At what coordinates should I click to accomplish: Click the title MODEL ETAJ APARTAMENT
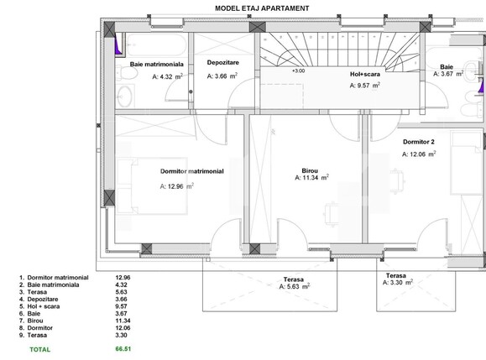[x=251, y=8]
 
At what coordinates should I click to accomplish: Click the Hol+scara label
[x=366, y=74]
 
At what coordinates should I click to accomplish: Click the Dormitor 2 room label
[x=418, y=142]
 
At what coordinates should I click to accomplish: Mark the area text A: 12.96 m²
[x=177, y=186]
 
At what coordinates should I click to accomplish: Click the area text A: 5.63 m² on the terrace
[x=295, y=286]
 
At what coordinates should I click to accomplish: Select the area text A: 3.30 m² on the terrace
[x=396, y=283]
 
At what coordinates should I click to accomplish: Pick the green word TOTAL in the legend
[x=39, y=348]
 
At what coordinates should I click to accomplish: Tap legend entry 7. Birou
[x=30, y=320]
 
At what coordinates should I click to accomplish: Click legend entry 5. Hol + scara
[x=39, y=306]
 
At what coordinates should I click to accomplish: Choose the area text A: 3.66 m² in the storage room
[x=222, y=76]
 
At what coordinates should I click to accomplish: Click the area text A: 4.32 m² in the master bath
[x=167, y=76]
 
